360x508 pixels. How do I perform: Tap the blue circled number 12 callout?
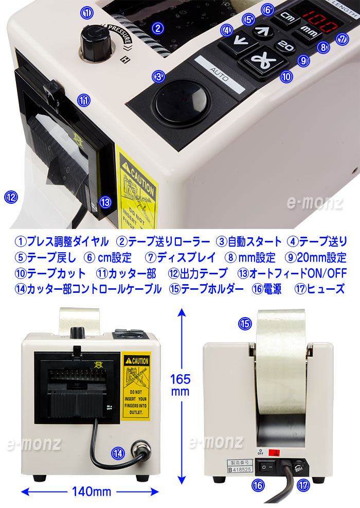[11, 196]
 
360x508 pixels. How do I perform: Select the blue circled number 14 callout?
[118, 453]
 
